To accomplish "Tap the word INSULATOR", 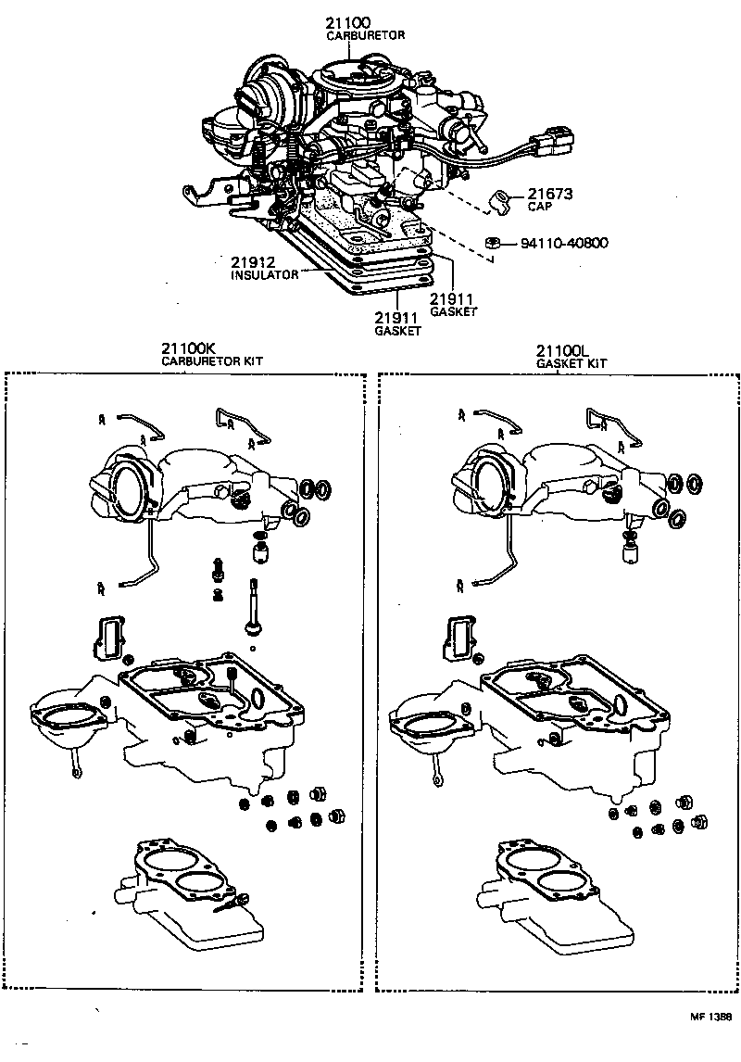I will coord(264,275).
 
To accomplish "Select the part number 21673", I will coord(550,195).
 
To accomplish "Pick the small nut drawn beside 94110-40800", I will coord(494,243).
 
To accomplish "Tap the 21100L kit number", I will coord(561,350).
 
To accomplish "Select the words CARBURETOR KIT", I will coord(207,362).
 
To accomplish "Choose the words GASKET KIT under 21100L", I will coord(571,363).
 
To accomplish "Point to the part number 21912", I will coord(253,262).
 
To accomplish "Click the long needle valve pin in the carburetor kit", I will coord(252,607).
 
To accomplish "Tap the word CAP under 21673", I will coord(539,209).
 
